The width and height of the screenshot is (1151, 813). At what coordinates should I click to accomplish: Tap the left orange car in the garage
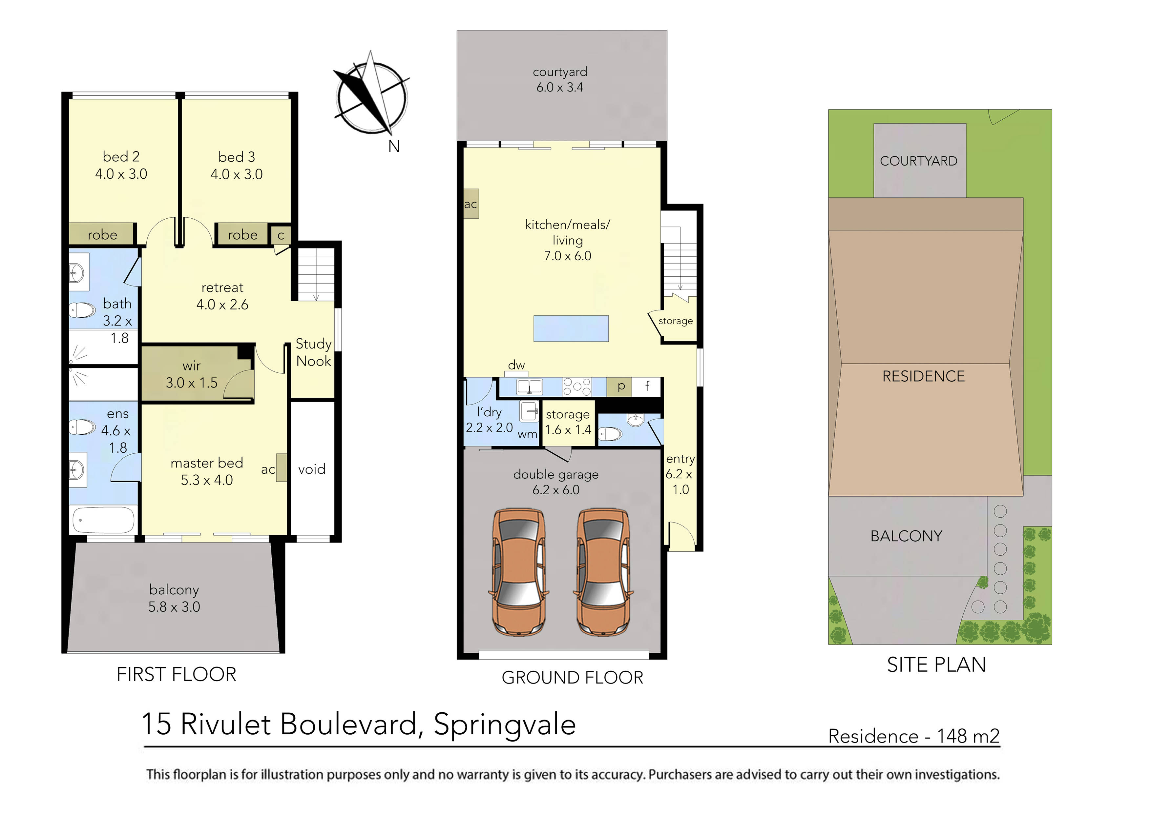click(518, 572)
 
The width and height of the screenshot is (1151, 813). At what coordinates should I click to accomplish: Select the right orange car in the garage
click(603, 572)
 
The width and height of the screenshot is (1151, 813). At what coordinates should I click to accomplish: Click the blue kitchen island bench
click(571, 328)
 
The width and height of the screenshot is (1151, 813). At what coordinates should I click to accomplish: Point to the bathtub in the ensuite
click(104, 520)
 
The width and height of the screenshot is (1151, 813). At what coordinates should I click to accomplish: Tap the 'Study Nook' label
click(313, 353)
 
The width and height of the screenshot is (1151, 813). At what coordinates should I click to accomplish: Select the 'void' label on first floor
click(311, 469)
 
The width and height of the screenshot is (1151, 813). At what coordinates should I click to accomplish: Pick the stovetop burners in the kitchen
click(577, 387)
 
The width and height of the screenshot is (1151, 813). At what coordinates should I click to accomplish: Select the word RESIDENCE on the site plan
click(923, 376)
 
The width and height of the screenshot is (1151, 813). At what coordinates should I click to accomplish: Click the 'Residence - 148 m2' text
click(913, 736)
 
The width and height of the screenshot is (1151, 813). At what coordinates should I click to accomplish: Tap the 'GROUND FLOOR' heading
click(572, 678)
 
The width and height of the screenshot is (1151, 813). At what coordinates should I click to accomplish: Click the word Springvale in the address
click(504, 725)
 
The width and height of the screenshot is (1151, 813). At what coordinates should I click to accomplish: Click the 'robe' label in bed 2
click(102, 235)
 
